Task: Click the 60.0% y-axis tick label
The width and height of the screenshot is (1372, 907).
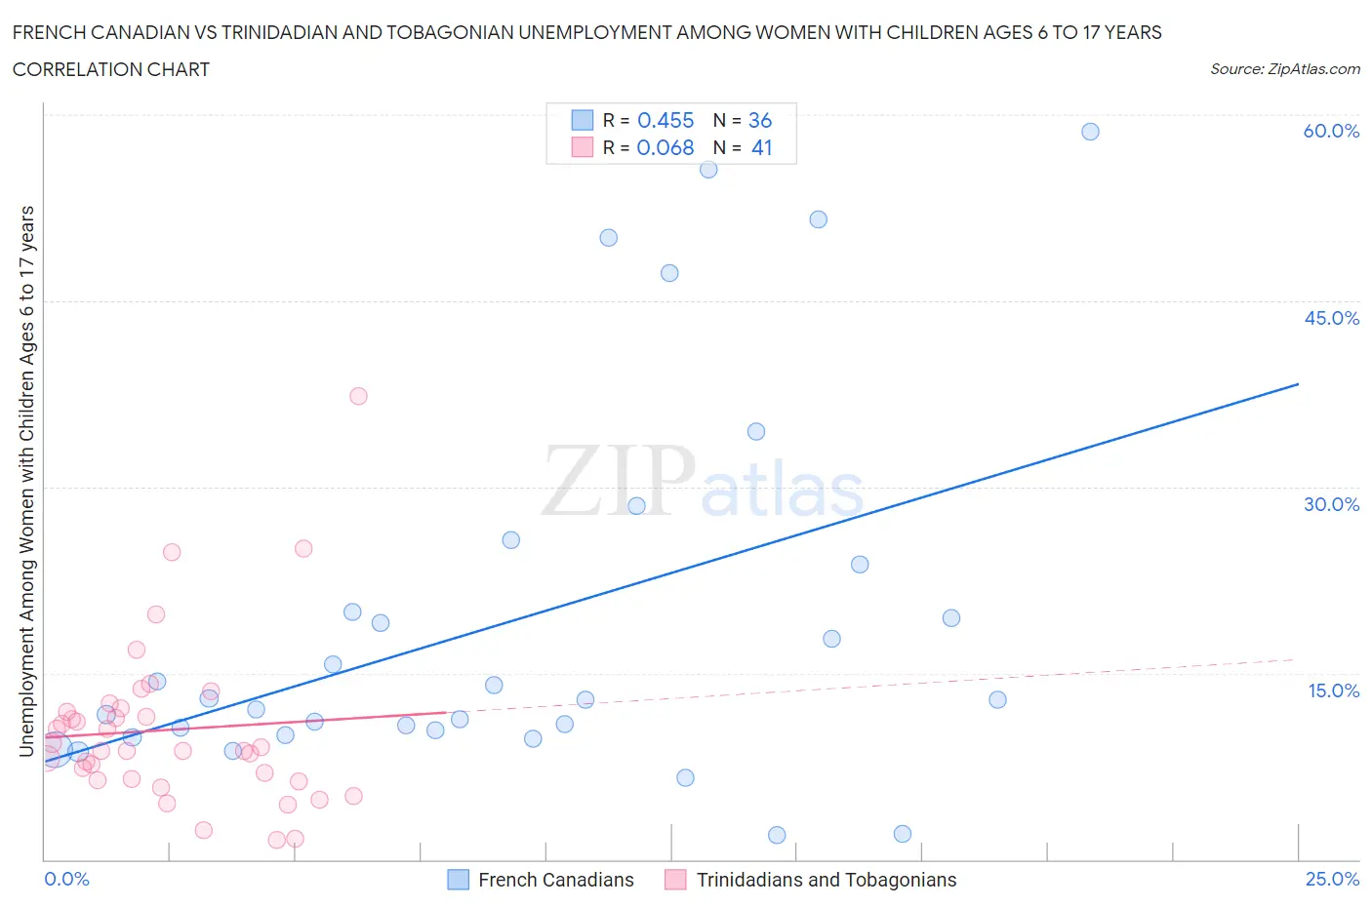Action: coord(1331,131)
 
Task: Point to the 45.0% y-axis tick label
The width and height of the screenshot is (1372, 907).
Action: coord(1331,318)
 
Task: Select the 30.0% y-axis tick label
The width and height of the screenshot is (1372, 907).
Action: coord(1331,504)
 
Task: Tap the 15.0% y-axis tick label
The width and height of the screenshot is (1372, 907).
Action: coord(1333,690)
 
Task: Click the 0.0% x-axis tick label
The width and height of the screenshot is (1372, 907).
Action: coord(66,879)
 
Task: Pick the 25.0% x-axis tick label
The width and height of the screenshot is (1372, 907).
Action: coord(1332,879)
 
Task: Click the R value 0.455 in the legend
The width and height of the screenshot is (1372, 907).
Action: coord(665,120)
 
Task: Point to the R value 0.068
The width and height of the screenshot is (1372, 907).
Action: coord(665,147)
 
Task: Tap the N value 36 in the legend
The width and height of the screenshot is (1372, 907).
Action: coord(759,120)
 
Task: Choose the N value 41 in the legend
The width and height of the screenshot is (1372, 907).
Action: coord(761,147)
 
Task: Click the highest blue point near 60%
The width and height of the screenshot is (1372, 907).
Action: coord(1090,132)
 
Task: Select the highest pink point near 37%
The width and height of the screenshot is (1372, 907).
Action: coord(358,396)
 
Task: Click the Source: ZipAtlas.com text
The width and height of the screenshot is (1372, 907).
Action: coord(1284,68)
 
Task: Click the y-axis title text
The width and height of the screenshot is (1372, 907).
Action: coord(26,481)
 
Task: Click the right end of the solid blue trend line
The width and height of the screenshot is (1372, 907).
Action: coord(1298,384)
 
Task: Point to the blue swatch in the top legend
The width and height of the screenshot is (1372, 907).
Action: coord(583,120)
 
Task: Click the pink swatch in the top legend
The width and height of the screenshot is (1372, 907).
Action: coord(583,147)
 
